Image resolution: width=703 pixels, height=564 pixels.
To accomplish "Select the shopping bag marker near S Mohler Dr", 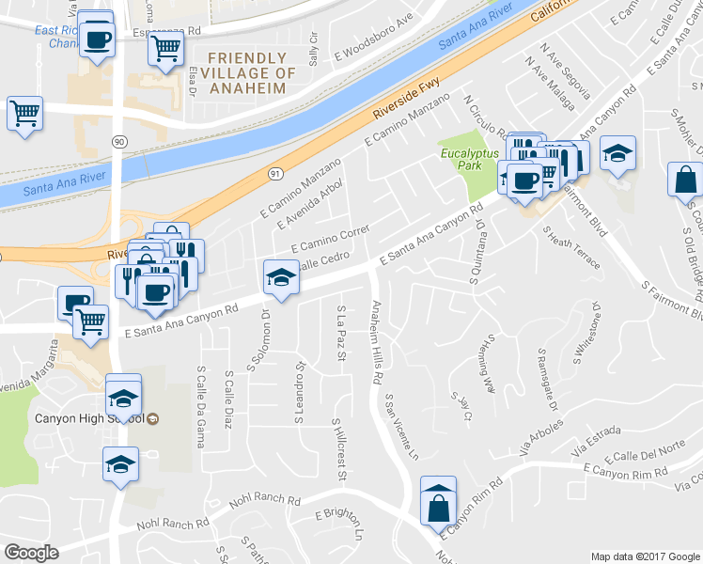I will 685,179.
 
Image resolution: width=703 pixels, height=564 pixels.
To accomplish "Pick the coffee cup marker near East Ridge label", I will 96,39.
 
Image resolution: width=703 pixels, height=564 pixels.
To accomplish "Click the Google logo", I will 31,553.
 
